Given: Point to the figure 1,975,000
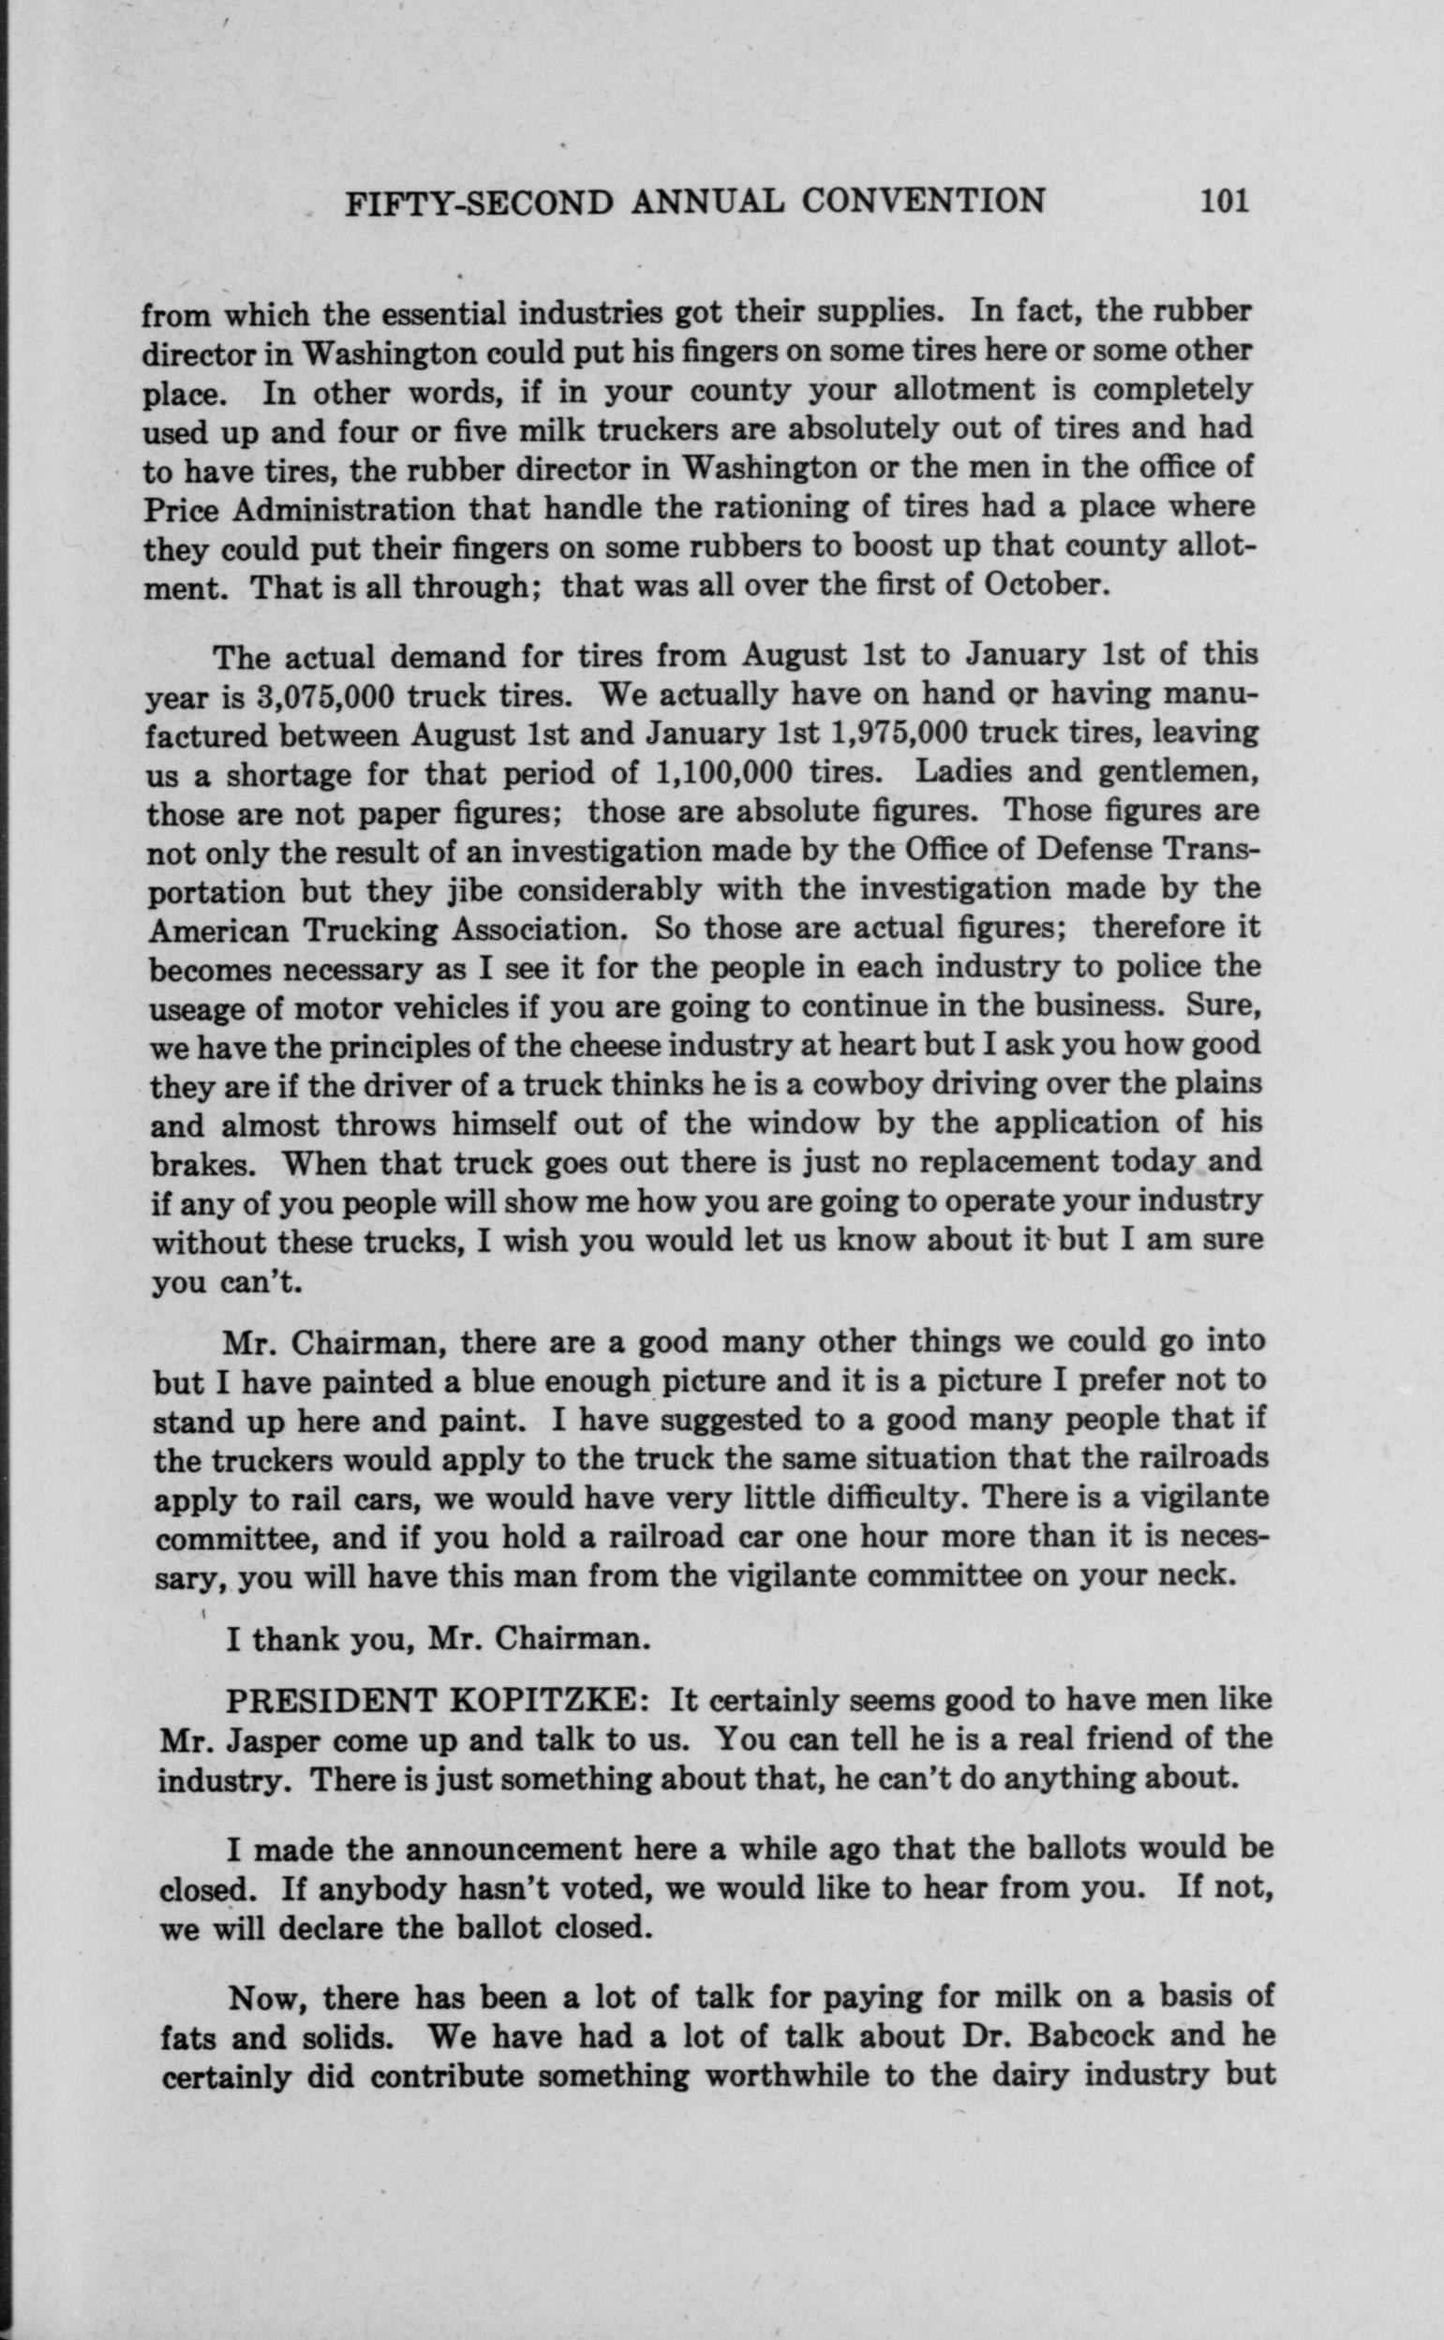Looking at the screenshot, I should click(x=901, y=734).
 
